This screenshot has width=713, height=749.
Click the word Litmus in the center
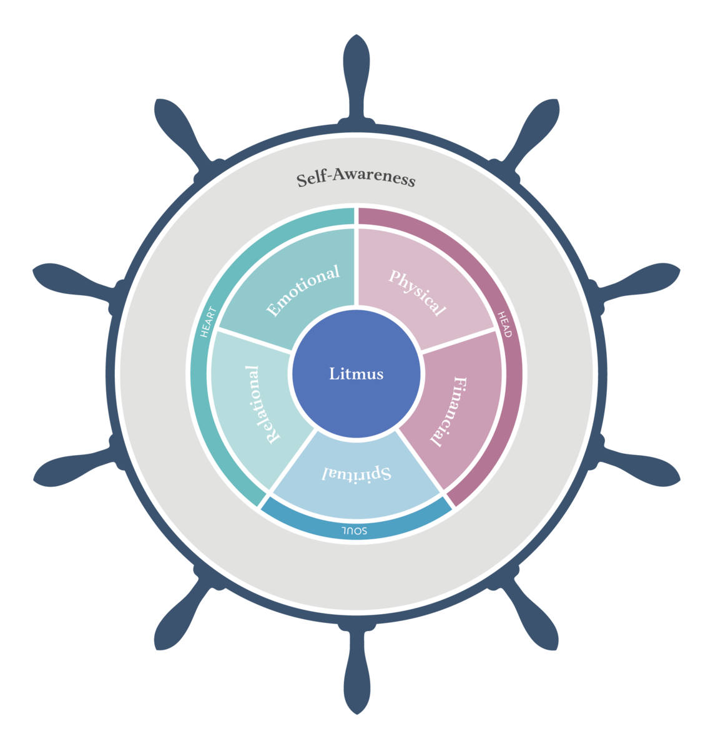click(356, 374)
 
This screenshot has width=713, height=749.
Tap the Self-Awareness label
click(356, 179)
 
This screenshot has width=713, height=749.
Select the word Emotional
click(303, 290)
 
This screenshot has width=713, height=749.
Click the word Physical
click(417, 293)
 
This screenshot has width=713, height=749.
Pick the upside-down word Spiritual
click(356, 473)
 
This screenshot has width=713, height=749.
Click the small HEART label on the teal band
click(209, 321)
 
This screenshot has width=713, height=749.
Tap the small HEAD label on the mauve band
click(504, 325)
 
